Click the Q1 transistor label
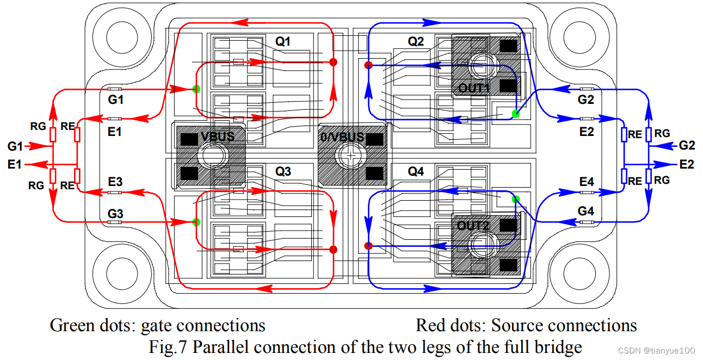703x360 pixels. [283, 41]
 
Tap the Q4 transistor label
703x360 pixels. [416, 171]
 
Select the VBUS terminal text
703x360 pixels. [218, 136]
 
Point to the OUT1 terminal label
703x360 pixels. [473, 88]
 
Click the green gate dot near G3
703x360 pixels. [196, 222]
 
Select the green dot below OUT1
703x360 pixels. [515, 114]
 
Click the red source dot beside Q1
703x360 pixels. [334, 63]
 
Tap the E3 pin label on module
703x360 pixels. [115, 182]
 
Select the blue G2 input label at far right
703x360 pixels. [687, 145]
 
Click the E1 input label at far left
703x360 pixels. [15, 163]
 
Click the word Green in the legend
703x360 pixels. [70, 325]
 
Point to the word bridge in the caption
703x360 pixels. [556, 346]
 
